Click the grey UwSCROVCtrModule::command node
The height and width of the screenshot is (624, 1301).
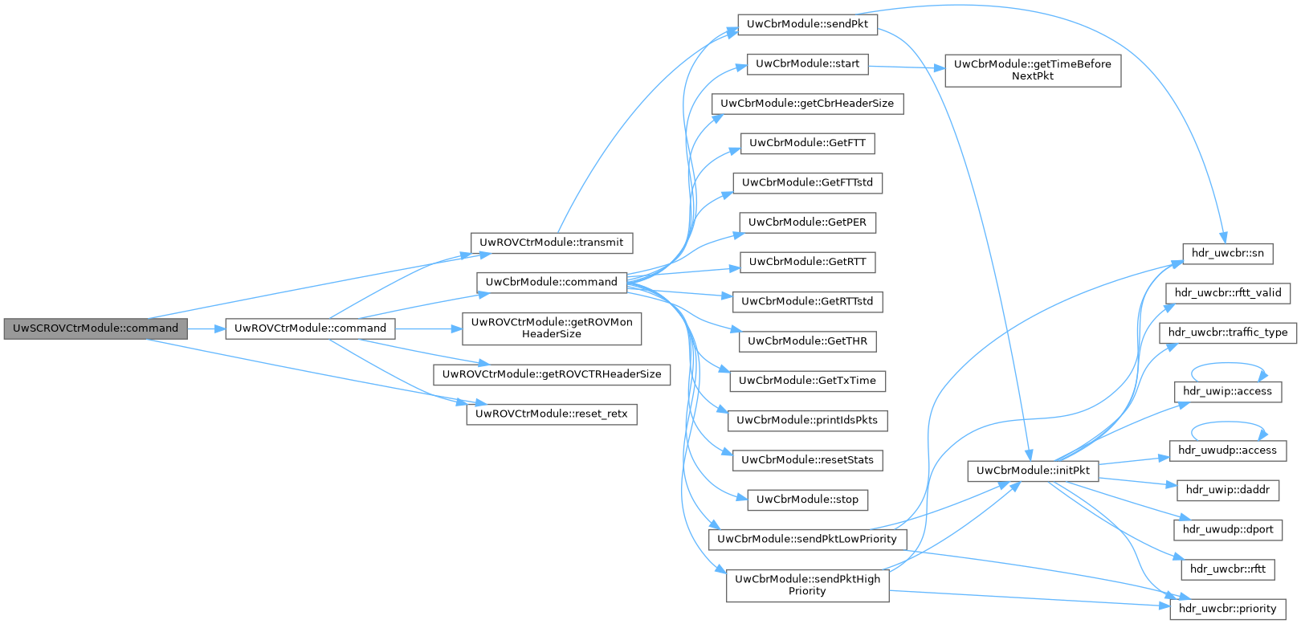click(95, 328)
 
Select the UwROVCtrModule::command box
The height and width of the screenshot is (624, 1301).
click(310, 328)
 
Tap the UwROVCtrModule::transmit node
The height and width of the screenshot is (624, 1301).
click(552, 242)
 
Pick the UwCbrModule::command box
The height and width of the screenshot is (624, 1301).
click(551, 282)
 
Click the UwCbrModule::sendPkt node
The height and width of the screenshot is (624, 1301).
click(807, 24)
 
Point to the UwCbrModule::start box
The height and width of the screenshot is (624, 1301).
click(807, 63)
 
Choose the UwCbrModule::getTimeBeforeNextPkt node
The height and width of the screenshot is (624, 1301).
click(1032, 70)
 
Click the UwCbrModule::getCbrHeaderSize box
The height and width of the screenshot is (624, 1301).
click(807, 104)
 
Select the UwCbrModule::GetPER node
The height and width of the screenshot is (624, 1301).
click(807, 222)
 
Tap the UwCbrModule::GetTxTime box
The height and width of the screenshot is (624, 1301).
click(807, 381)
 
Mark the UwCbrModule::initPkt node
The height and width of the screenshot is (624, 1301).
click(1032, 470)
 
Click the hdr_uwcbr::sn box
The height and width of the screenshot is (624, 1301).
click(1227, 253)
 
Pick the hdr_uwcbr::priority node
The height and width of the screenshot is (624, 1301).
click(1227, 609)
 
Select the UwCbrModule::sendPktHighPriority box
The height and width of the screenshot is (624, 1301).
click(807, 585)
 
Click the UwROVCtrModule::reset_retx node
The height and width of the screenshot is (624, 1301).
click(552, 414)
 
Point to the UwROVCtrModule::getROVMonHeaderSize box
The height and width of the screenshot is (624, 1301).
click(552, 328)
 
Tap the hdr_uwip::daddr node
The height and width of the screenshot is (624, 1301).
click(1227, 489)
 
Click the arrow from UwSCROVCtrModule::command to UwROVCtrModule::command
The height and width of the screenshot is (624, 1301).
click(206, 328)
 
